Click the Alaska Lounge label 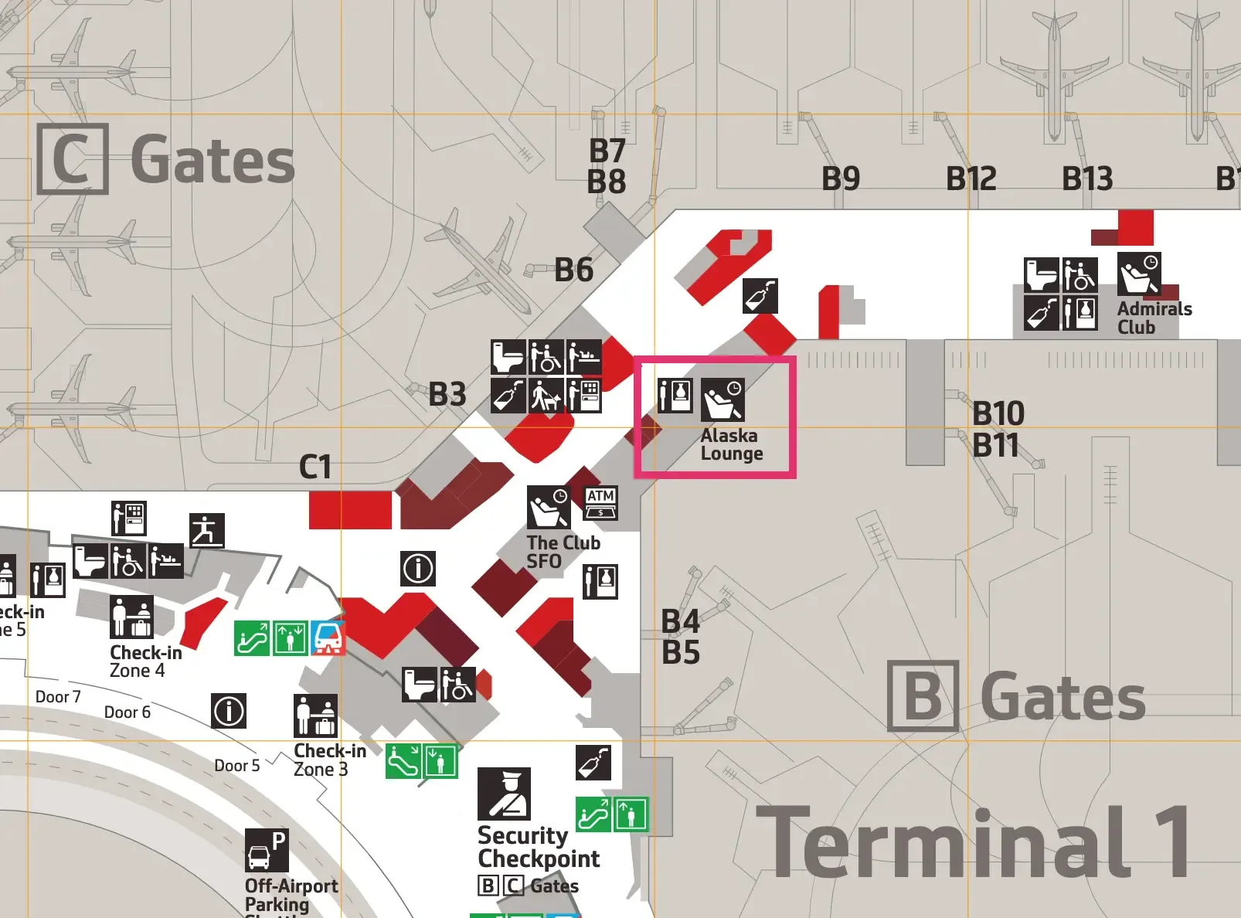coord(731,445)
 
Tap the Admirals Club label coord(1154,318)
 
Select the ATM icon coord(600,503)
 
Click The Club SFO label coord(563,552)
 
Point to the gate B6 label coord(573,270)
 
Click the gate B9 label coord(841,179)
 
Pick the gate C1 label coord(315,467)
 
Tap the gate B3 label coord(447,394)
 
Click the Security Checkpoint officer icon coord(504,794)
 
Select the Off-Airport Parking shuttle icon coord(267,851)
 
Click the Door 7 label coord(58,697)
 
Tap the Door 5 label coord(236,766)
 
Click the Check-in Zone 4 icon coord(131,617)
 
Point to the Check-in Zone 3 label coord(329,760)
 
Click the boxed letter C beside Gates coord(73,159)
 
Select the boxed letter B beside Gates coord(923,696)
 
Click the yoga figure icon coord(207,531)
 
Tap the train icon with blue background coord(328,638)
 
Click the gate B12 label coord(971,179)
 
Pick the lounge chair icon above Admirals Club coord(1138,274)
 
